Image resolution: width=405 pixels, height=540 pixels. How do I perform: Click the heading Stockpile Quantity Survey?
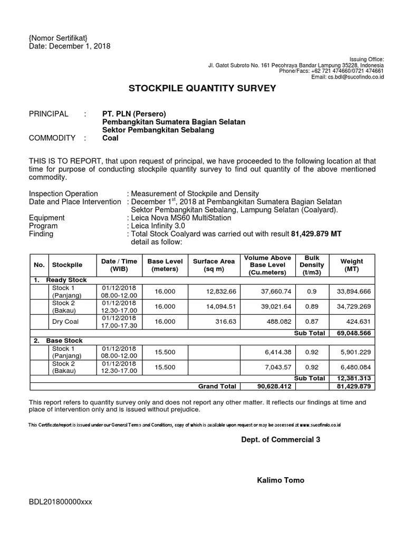202,88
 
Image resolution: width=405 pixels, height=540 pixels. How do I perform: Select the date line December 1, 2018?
70,46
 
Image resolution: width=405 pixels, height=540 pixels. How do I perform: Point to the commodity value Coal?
110,138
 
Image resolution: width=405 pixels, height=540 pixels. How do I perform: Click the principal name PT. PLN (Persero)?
134,113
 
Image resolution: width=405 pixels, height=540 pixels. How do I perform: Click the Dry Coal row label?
65,321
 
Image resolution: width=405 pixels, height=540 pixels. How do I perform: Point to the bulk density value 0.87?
312,321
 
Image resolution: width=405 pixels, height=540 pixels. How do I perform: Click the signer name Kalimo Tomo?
280,480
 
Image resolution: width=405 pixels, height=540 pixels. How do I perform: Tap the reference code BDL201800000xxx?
61,502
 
